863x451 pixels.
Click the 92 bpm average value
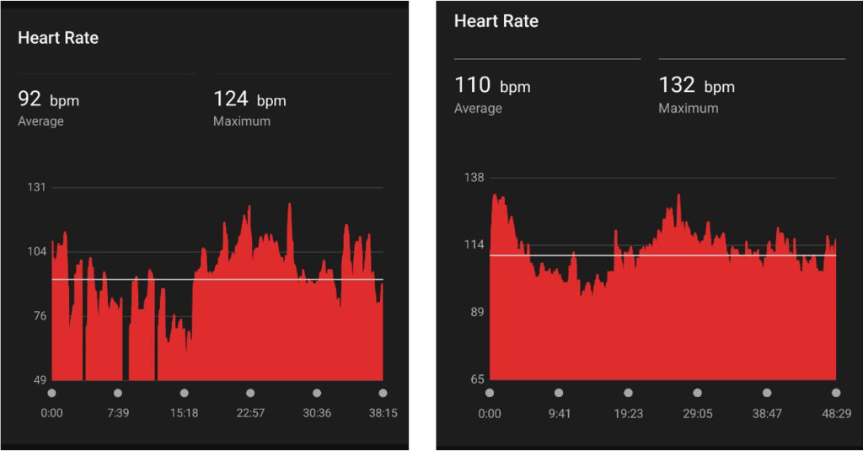pos(48,100)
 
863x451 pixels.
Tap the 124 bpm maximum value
pos(249,100)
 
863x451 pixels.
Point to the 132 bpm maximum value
pos(696,86)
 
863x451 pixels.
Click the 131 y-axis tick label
pos(36,187)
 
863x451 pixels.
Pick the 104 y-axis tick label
pos(36,252)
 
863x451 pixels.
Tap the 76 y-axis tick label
pos(39,316)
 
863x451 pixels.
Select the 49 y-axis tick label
pos(39,380)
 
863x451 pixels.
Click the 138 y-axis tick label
pos(474,178)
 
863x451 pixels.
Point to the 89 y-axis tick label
pos(477,313)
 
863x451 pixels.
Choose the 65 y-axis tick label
pos(477,379)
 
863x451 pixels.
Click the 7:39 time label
pos(117,413)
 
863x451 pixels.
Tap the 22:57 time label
pos(250,413)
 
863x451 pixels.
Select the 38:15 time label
pos(383,413)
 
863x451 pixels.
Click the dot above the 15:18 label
pos(184,393)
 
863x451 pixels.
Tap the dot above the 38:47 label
pos(766,393)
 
